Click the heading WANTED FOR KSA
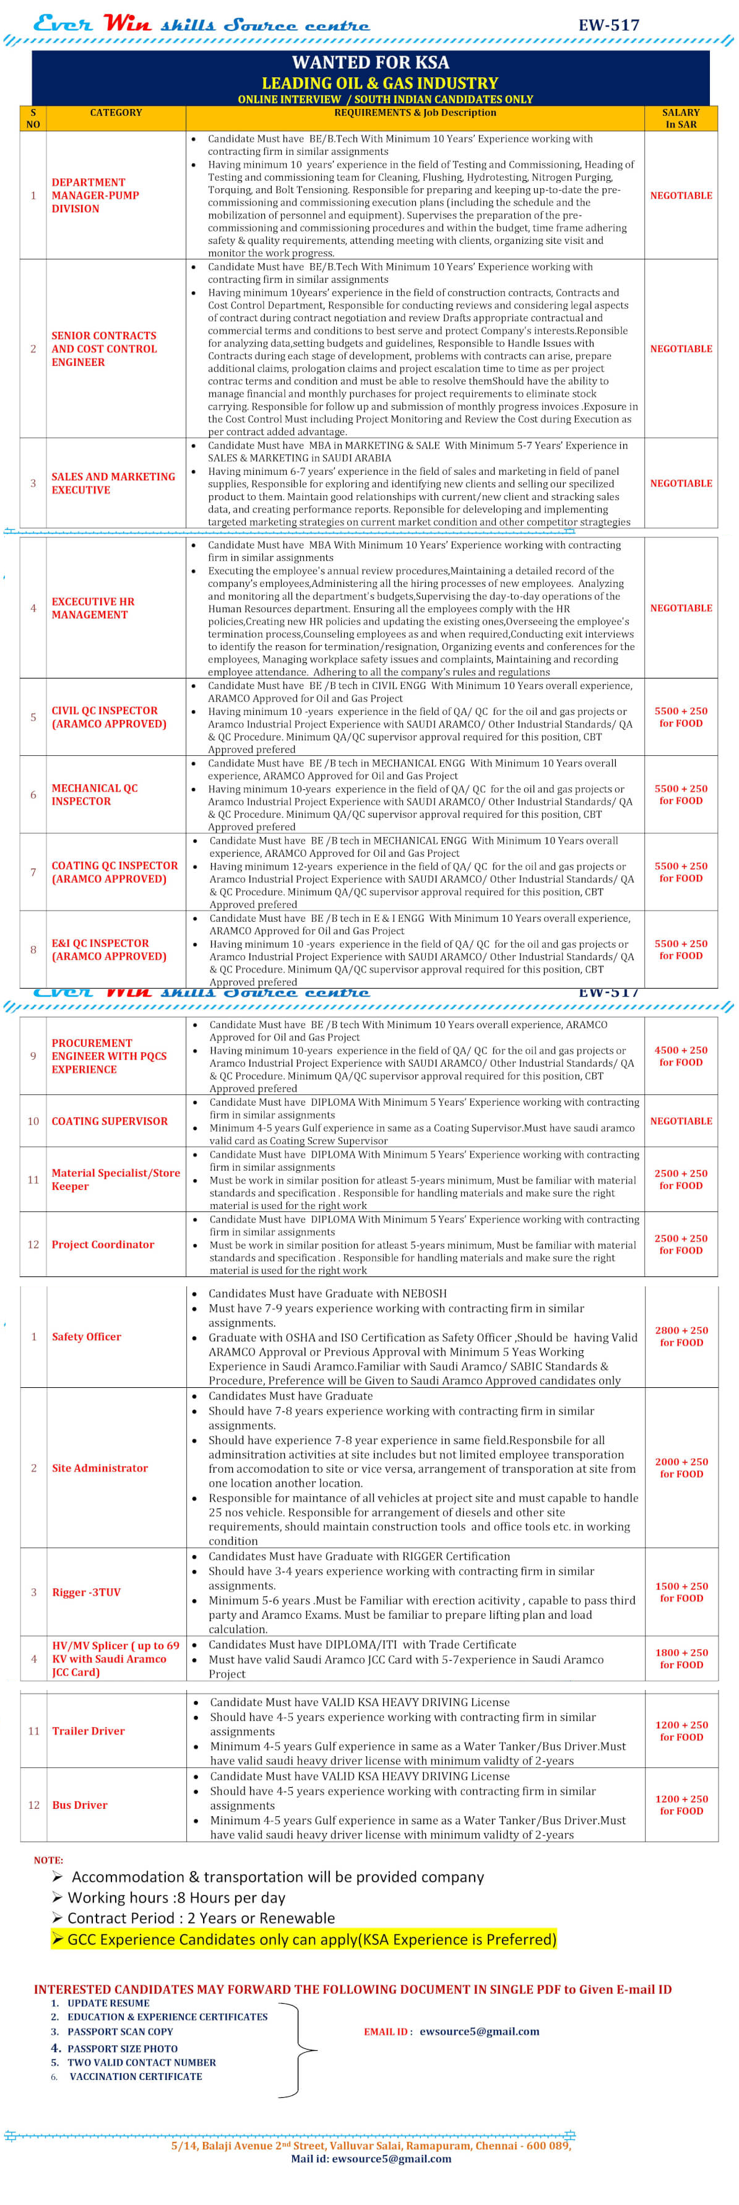[370, 62]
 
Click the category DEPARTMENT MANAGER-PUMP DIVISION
[95, 195]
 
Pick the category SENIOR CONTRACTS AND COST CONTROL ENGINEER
[103, 349]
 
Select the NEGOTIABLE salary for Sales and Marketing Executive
[681, 483]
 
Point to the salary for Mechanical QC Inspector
[681, 794]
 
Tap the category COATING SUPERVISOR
[110, 1120]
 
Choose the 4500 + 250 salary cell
[681, 1055]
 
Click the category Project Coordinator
[103, 1244]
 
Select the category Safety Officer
[87, 1336]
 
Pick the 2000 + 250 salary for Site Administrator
[681, 1467]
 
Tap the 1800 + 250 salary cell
[681, 1658]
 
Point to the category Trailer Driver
[89, 1731]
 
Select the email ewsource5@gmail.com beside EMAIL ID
[480, 2031]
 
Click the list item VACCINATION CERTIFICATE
[136, 2076]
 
